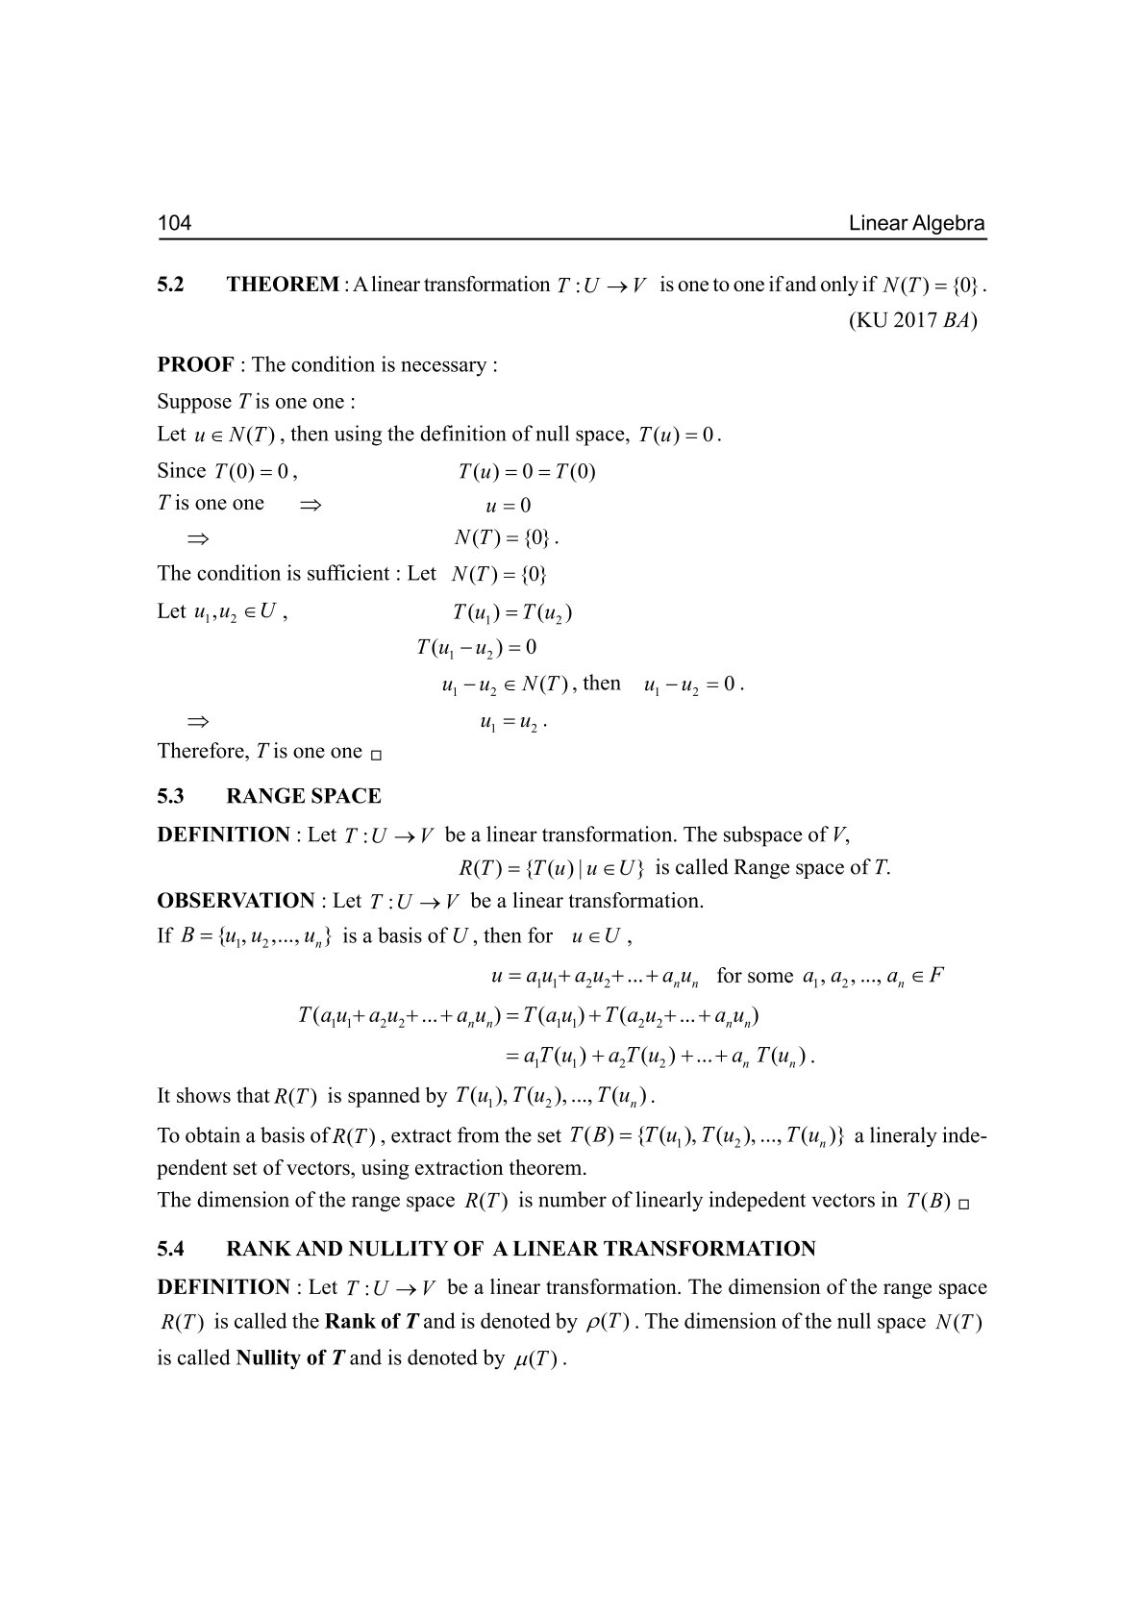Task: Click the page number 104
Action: click(x=175, y=224)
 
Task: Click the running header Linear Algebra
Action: click(x=917, y=224)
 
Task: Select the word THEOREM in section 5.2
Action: click(x=283, y=285)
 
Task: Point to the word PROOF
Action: click(x=195, y=365)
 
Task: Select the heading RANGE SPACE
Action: click(x=303, y=796)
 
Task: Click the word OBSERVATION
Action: click(x=236, y=901)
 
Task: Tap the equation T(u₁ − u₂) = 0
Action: click(x=477, y=648)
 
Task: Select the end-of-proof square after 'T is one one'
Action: click(x=376, y=755)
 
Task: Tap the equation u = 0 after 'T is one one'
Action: click(x=509, y=506)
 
